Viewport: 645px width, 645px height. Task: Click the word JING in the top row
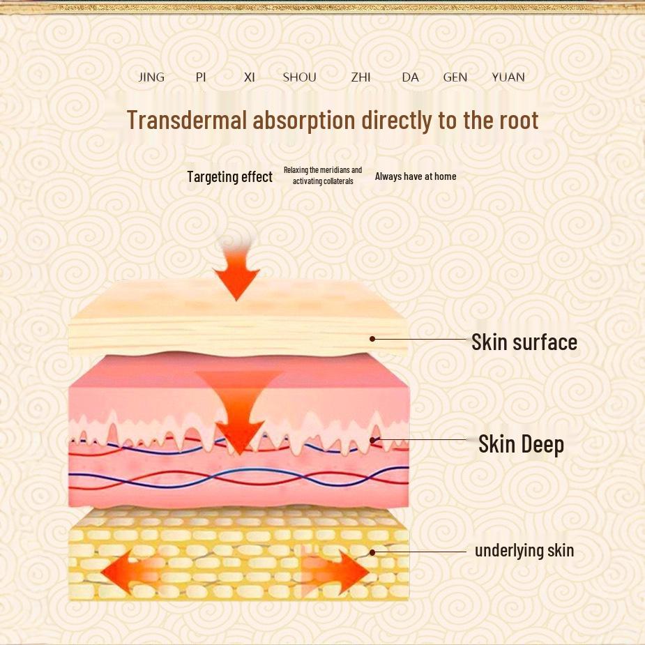[151, 77]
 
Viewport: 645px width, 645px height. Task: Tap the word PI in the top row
[201, 77]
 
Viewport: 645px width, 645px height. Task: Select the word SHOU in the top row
[299, 77]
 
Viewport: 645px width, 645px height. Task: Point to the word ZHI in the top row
[361, 77]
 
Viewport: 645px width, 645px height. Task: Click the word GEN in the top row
[455, 77]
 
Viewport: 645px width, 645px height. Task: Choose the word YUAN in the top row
[508, 77]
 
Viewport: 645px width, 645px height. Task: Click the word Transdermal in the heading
[187, 120]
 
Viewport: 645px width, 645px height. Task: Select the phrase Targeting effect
[229, 176]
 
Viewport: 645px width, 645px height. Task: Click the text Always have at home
[416, 176]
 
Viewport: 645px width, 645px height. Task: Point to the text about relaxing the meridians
[323, 176]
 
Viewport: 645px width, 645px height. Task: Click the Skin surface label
[524, 342]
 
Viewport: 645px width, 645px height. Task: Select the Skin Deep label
[521, 444]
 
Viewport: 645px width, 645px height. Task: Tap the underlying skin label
[524, 550]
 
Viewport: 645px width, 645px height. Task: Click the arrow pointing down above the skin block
[236, 272]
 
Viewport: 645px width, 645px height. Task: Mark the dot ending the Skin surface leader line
[372, 339]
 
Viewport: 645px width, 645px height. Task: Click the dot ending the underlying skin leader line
[372, 552]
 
